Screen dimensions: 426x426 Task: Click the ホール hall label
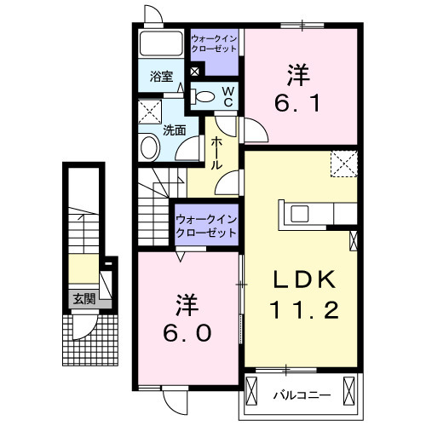click(217, 152)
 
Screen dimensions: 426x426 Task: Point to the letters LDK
click(297, 279)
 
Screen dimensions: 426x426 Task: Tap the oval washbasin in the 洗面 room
click(148, 148)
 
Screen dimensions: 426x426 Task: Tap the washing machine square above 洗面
click(151, 111)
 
